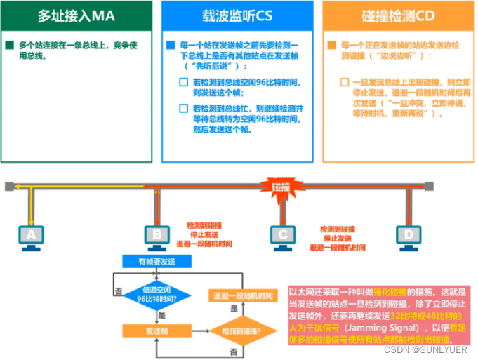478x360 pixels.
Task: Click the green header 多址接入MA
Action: pyautogui.click(x=76, y=15)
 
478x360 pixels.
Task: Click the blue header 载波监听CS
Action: pyautogui.click(x=237, y=15)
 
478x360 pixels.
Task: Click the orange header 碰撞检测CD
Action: pyautogui.click(x=398, y=15)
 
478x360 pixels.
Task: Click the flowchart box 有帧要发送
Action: pyautogui.click(x=157, y=261)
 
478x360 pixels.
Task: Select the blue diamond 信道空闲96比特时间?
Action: pyautogui.click(x=157, y=295)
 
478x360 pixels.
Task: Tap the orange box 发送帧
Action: pyautogui.click(x=157, y=329)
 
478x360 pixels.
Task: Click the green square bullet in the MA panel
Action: pyautogui.click(x=9, y=46)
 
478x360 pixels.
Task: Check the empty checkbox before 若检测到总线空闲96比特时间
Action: pyautogui.click(x=184, y=82)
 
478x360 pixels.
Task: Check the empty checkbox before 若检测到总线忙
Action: pyautogui.click(x=184, y=109)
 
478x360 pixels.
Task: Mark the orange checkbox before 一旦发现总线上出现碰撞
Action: pyautogui.click(x=345, y=82)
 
